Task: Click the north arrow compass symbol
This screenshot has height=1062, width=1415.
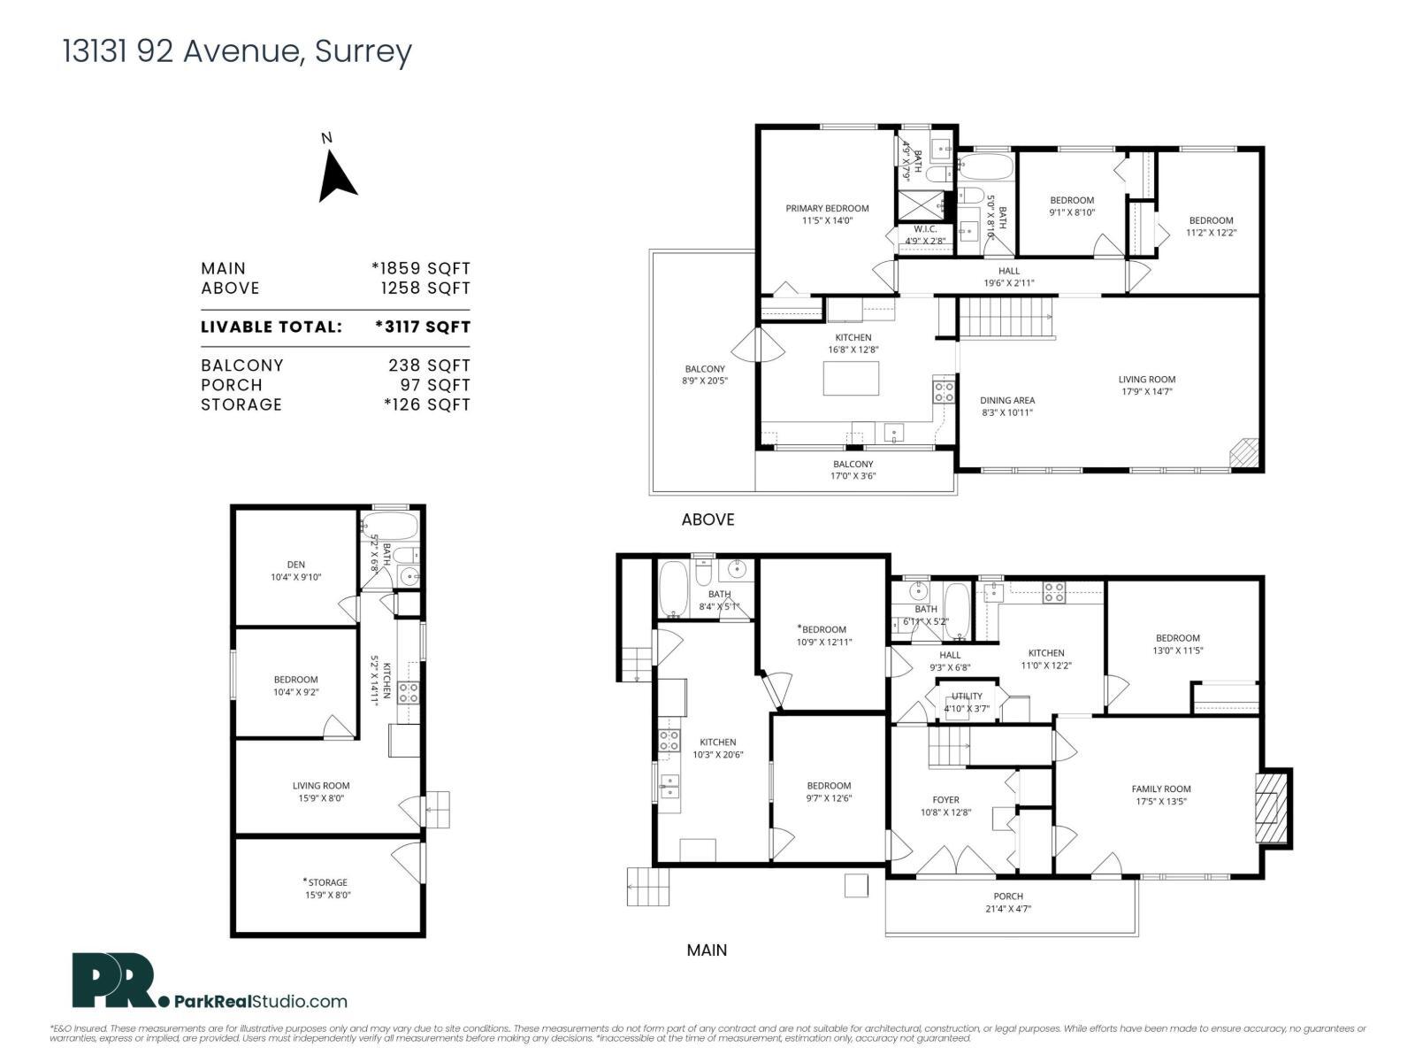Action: click(336, 175)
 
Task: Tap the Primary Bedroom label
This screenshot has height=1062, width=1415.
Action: click(827, 214)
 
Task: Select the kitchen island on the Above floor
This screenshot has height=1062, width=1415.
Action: click(852, 379)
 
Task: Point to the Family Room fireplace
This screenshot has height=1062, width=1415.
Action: click(1273, 809)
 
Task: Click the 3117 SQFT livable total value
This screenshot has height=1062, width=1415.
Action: click(423, 327)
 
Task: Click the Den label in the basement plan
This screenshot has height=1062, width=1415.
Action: click(295, 571)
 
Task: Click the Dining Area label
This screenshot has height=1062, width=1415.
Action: click(1006, 406)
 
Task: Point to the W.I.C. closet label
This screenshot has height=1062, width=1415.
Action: click(925, 235)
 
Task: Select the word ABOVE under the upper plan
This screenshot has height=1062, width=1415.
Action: click(707, 519)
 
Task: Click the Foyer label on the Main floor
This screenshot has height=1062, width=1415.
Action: click(945, 805)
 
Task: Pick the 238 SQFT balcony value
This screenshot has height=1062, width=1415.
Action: click(429, 365)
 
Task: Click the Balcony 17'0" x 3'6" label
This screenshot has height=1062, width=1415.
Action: click(853, 470)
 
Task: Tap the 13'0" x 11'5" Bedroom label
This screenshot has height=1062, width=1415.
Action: click(1177, 643)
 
